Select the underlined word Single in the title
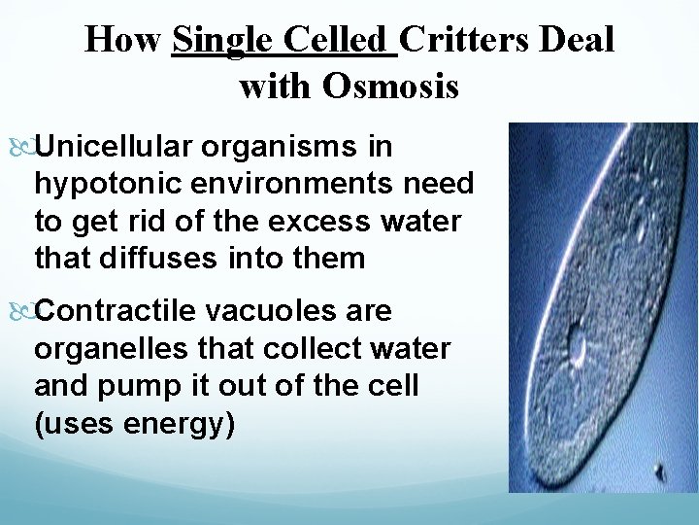click(218, 40)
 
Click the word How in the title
click(123, 40)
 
